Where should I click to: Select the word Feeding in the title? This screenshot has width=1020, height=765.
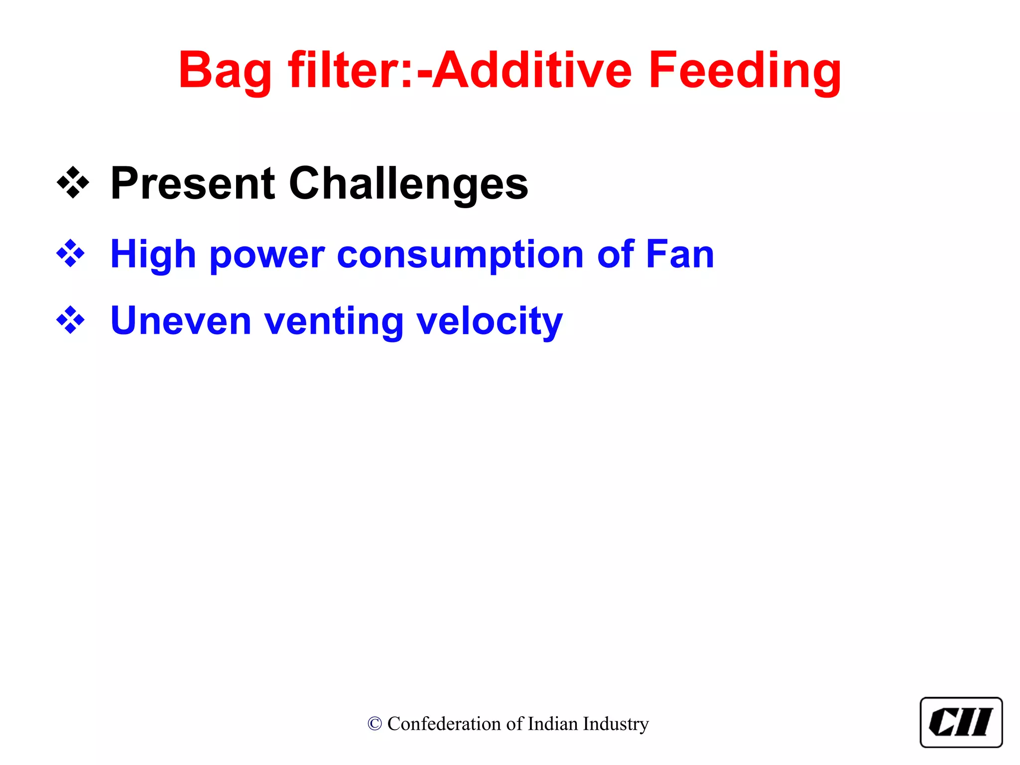pyautogui.click(x=745, y=71)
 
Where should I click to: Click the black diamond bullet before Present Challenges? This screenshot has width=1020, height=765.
pyautogui.click(x=73, y=183)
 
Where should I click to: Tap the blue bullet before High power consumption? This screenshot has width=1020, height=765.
pyautogui.click(x=71, y=254)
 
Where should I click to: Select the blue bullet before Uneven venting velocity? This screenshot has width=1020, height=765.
pyautogui.click(x=71, y=320)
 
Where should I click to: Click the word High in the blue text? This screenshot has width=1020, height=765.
pyautogui.click(x=153, y=254)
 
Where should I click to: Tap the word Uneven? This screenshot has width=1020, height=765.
pyautogui.click(x=181, y=321)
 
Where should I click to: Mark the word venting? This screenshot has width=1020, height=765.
pyautogui.click(x=334, y=321)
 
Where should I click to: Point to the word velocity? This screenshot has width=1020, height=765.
pyautogui.click(x=490, y=321)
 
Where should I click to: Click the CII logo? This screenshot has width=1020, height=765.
pyautogui.click(x=961, y=722)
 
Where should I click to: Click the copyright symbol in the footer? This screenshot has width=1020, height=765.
pyautogui.click(x=375, y=724)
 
